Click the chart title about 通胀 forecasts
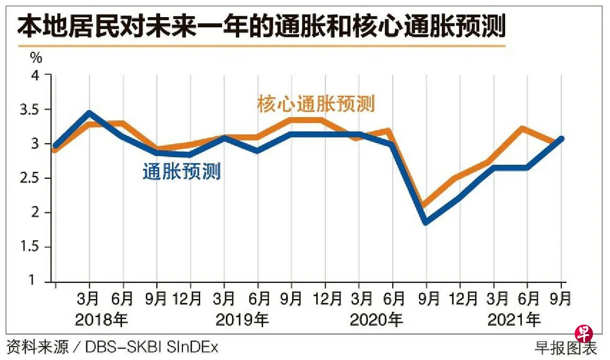261,27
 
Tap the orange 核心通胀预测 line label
316,104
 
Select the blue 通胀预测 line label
182,172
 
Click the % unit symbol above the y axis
36,56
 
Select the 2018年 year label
102,320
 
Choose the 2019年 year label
242,320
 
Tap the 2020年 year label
376,320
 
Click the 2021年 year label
514,320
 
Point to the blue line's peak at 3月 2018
89,113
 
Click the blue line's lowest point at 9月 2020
426,222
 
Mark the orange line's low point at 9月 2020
426,205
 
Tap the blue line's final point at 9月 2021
561,139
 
